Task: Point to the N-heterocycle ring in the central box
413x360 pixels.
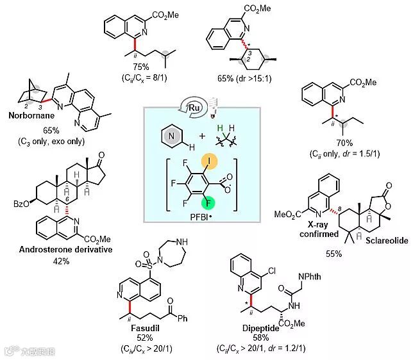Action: pyautogui.click(x=166, y=136)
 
